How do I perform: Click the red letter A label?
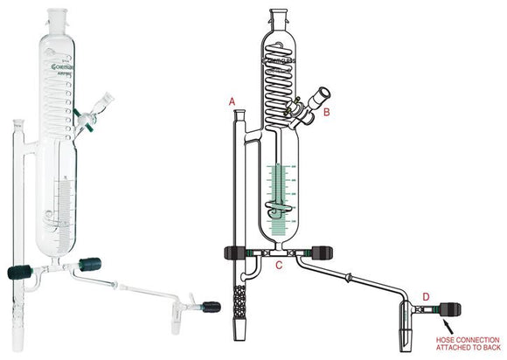[233, 102]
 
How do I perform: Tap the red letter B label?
[327, 113]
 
